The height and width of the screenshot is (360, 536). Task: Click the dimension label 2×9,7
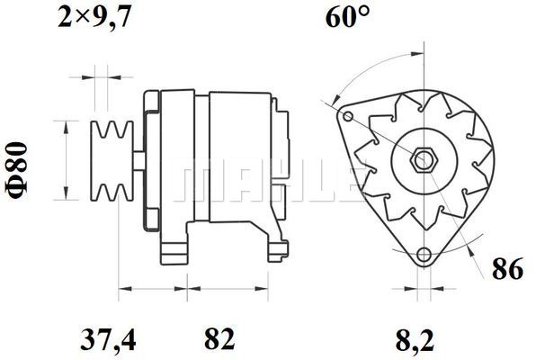coord(94,17)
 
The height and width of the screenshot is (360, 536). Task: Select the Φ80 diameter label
coord(16,170)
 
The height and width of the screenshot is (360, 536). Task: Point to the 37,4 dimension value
coord(108,340)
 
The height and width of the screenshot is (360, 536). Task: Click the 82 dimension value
coord(219,338)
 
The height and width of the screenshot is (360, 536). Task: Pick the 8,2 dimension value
coord(415,340)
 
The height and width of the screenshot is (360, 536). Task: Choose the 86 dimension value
coord(507,268)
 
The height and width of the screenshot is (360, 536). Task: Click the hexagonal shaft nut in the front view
coord(424,160)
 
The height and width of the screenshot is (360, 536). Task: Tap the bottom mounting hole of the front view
coord(424,255)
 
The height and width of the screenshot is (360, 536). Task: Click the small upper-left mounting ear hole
coord(348,116)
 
